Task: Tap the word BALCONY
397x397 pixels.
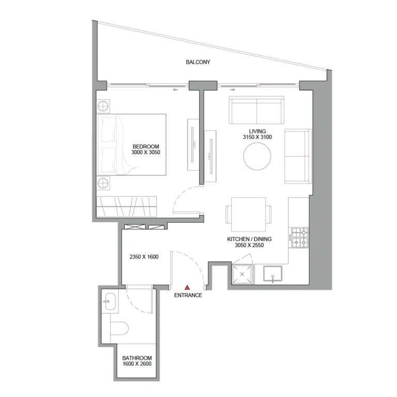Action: tap(198, 63)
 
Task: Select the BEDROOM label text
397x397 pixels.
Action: tap(146, 146)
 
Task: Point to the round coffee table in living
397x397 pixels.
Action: tap(257, 157)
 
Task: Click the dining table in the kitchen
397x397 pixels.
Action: tap(248, 215)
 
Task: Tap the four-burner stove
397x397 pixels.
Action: tap(300, 238)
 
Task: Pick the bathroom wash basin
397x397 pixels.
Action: tap(110, 301)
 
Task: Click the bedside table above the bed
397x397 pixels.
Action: tap(103, 106)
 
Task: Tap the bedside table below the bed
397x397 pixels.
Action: tap(103, 183)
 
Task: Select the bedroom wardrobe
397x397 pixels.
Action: tap(127, 207)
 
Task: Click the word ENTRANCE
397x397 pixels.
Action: tap(188, 296)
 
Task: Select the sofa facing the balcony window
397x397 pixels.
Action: tap(257, 110)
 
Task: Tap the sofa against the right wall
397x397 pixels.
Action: tap(297, 156)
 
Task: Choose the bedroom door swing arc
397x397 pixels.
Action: tap(181, 199)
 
